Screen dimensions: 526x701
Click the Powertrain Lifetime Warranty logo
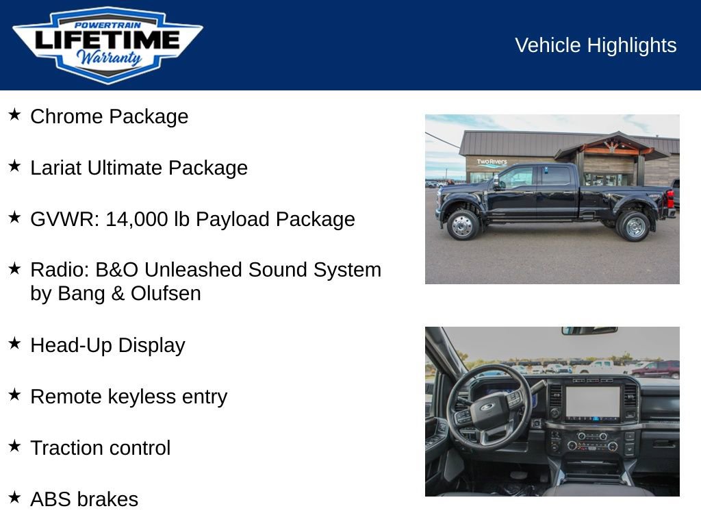coord(107,45)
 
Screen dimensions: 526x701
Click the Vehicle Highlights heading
coord(596,45)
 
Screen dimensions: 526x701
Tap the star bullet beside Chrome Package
coord(14,114)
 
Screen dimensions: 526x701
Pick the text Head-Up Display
coord(107,345)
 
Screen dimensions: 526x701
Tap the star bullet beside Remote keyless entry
coord(14,394)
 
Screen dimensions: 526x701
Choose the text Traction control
coord(100,448)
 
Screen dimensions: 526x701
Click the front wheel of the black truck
coord(463,225)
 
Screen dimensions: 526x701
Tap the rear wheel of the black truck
coord(633,225)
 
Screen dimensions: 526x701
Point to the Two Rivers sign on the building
coord(492,163)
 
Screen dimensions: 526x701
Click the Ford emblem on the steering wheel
coord(487,407)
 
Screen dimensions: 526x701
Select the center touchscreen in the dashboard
coord(593,402)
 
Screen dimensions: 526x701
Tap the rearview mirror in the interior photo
coord(589,331)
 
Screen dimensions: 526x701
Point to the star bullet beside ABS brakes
coord(14,497)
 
